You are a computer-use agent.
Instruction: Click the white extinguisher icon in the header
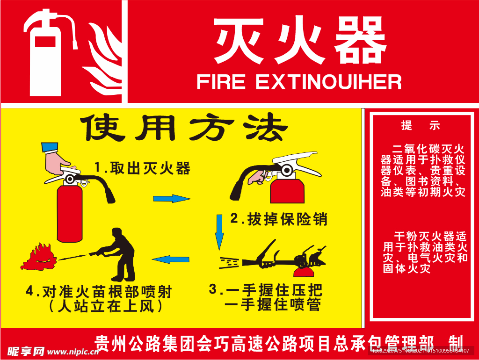tap(45, 61)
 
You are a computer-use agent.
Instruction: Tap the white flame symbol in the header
tap(104, 58)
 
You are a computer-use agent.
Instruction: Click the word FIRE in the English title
tap(221, 82)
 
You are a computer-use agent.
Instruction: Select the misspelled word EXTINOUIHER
tap(328, 82)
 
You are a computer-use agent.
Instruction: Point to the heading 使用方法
tap(184, 127)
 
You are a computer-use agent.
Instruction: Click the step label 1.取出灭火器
tap(142, 168)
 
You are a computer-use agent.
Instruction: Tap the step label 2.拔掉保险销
tap(279, 219)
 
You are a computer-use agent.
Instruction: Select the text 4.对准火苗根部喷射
tap(99, 292)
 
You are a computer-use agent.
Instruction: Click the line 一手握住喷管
tap(273, 304)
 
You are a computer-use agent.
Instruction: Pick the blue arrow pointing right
tap(172, 199)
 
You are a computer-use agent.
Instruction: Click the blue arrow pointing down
tap(219, 232)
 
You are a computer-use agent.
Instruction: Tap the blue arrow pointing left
tap(170, 259)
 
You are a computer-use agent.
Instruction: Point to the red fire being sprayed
tap(39, 258)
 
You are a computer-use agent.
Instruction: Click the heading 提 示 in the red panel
tap(421, 125)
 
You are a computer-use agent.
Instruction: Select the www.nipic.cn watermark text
tap(73, 352)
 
